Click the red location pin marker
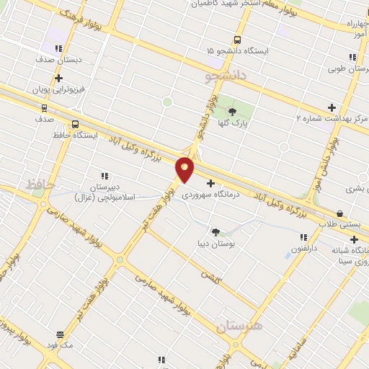[x=185, y=169]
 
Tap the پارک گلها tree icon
[x=232, y=111]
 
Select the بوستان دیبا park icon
[x=215, y=231]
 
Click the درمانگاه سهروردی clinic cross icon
[x=210, y=183]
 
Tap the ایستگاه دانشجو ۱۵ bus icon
[x=237, y=40]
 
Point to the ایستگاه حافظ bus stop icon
[x=76, y=124]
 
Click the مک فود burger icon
[x=61, y=334]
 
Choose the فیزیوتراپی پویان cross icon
[x=58, y=79]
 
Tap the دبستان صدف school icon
[x=58, y=48]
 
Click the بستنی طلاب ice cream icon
[x=339, y=213]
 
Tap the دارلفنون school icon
[x=303, y=236]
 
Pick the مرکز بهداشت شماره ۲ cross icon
[x=332, y=107]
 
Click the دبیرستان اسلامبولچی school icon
[x=105, y=175]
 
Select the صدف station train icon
[x=45, y=108]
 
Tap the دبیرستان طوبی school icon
[x=352, y=57]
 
